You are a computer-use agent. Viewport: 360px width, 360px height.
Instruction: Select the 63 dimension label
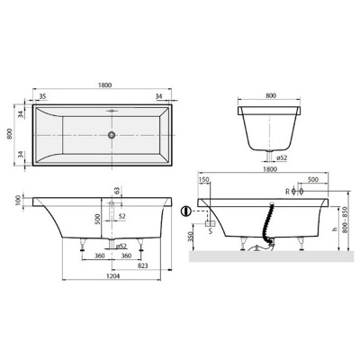coord(117,192)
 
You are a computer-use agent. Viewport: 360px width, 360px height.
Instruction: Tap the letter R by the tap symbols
coord(287,192)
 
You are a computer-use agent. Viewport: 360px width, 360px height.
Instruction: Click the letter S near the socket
coord(211,230)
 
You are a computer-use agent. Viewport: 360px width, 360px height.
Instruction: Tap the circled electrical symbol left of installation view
coord(186,212)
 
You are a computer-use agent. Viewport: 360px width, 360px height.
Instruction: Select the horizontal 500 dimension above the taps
coord(310,179)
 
